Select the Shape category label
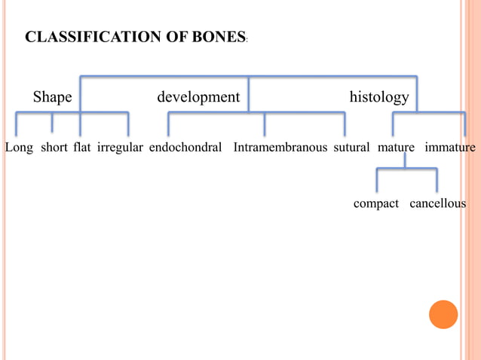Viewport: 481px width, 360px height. tap(52, 97)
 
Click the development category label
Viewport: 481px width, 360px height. tap(198, 97)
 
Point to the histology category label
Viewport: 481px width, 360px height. tap(379, 97)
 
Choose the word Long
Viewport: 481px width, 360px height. tap(19, 147)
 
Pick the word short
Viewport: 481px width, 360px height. tap(54, 147)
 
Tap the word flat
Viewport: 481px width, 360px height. tap(82, 147)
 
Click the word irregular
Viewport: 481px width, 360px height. tap(120, 147)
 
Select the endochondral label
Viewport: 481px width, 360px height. tap(185, 147)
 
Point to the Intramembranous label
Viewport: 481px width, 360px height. tap(280, 147)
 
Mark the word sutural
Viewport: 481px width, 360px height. tap(351, 147)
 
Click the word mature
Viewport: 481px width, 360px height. tap(397, 147)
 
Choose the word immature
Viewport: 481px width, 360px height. tap(450, 147)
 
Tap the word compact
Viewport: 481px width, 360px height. tap(376, 204)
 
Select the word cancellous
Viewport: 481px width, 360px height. tap(438, 204)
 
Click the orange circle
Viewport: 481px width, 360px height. tap(443, 314)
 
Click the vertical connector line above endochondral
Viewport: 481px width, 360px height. tap(169, 124)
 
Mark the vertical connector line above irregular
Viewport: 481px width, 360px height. tap(128, 124)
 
